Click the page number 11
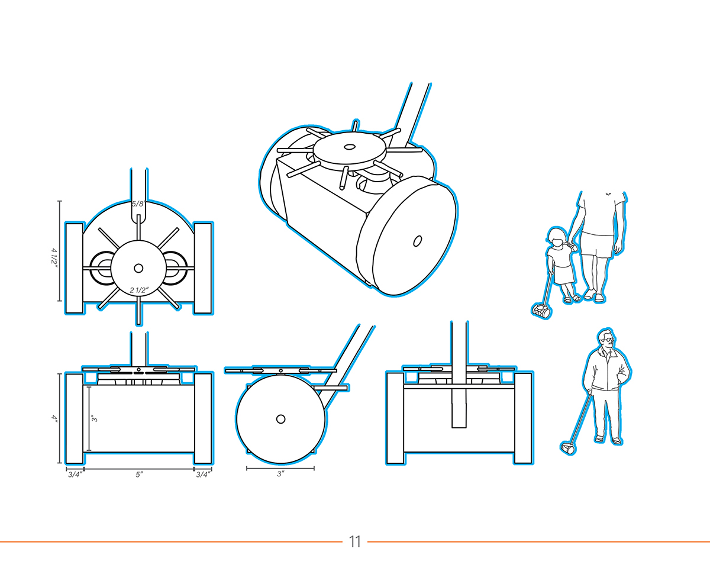tap(355, 542)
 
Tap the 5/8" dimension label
tap(138, 204)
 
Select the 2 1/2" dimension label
tap(139, 291)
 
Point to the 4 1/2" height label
tap(54, 257)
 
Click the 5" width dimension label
tap(139, 475)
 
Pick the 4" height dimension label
tap(54, 418)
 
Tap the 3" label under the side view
tap(280, 474)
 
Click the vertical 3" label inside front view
tap(95, 418)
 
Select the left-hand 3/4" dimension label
tap(75, 475)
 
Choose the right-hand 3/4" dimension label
tap(203, 475)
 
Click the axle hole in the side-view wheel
tap(281, 419)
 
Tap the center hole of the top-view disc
tap(138, 268)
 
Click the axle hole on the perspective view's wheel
tap(417, 241)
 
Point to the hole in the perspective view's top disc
tap(348, 147)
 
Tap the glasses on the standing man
tap(608, 340)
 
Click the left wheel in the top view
tap(74, 269)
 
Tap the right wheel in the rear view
tap(523, 418)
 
